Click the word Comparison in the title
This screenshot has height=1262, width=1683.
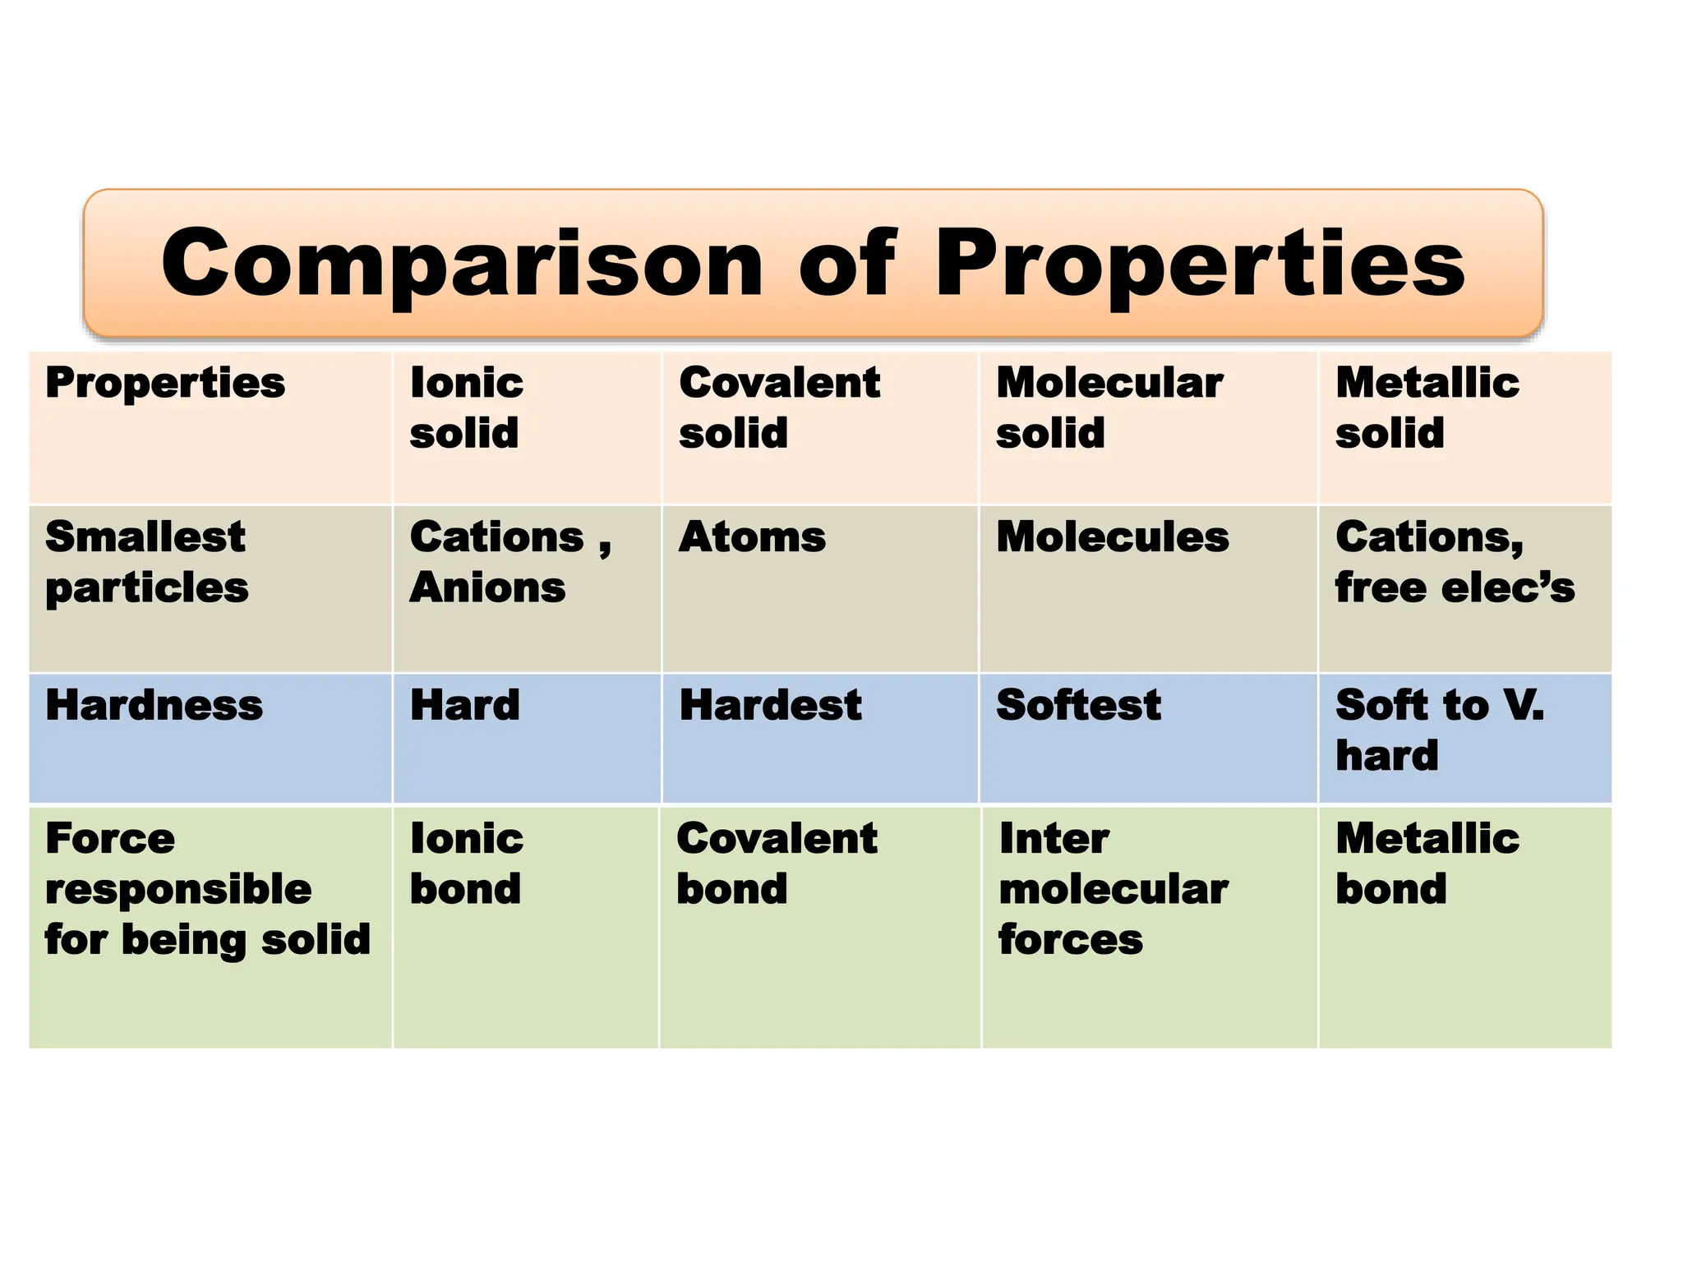pyautogui.click(x=463, y=265)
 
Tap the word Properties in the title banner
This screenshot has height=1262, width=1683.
pyautogui.click(x=1200, y=265)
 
